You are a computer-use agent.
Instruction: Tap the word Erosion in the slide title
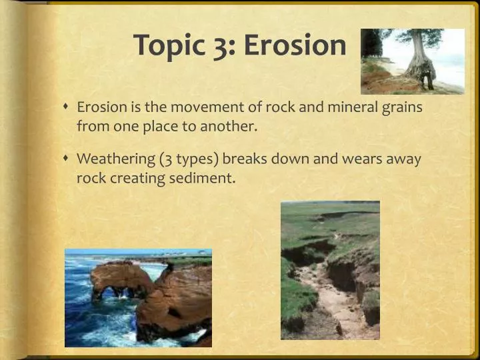[295, 45]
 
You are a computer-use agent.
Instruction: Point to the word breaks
[244, 160]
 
